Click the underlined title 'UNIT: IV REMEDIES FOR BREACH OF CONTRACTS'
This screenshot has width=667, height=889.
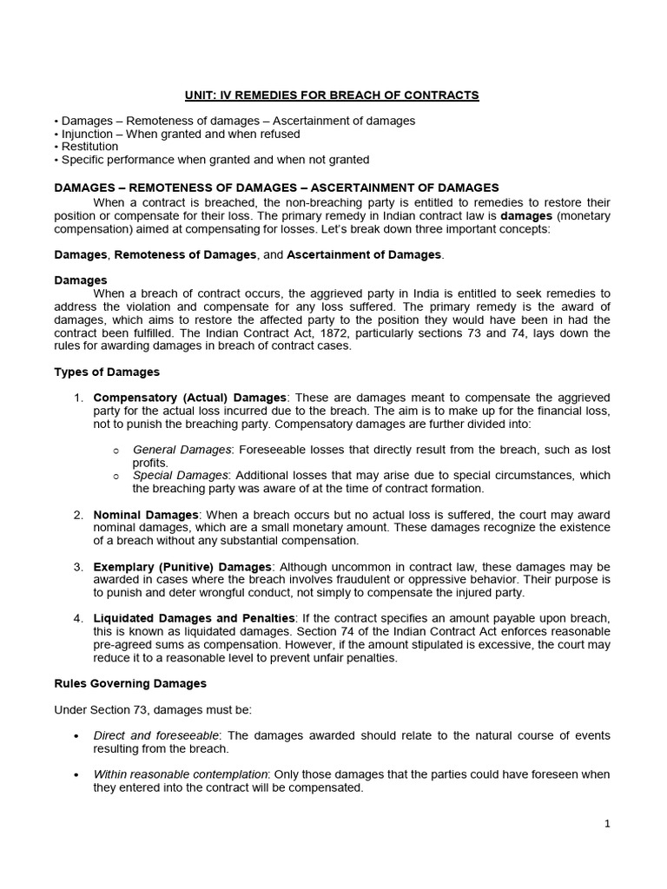click(x=333, y=95)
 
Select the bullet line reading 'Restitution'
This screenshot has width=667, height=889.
click(x=87, y=147)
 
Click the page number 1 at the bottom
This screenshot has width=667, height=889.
click(x=608, y=825)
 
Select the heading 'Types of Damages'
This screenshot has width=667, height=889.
click(x=107, y=372)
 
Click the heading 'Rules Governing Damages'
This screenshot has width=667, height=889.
click(x=130, y=684)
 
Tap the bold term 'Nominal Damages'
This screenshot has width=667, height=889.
click(x=146, y=515)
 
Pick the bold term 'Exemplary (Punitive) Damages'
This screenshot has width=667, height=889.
click(x=182, y=566)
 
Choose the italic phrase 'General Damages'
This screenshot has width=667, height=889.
click(x=182, y=450)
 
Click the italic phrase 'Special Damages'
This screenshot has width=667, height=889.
click(x=180, y=476)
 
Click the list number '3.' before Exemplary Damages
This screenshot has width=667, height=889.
click(x=78, y=566)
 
